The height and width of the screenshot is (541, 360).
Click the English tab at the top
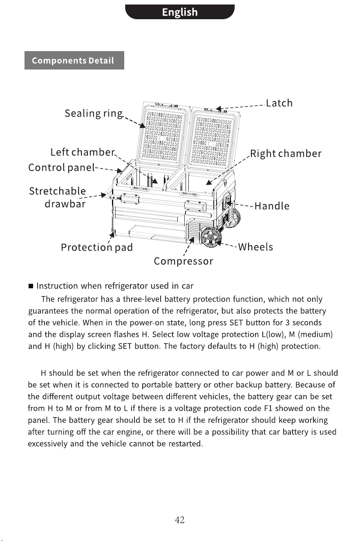[180, 12]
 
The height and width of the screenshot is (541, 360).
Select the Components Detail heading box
[74, 61]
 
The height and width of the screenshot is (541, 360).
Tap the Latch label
[280, 103]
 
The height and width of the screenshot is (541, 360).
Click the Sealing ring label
[94, 114]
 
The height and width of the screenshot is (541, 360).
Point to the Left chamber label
[83, 153]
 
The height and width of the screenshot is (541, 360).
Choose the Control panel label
[62, 168]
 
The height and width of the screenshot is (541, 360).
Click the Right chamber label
[286, 154]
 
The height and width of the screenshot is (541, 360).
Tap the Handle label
[272, 206]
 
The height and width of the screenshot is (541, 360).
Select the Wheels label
[256, 247]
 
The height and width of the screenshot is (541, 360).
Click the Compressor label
[183, 261]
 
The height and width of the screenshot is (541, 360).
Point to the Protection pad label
[97, 247]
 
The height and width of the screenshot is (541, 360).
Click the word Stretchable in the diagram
[58, 191]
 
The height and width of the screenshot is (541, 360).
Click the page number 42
[180, 520]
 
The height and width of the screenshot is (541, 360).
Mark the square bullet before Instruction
[31, 286]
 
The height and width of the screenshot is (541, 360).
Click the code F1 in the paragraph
[268, 409]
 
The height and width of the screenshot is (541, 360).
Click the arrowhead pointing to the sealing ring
[143, 126]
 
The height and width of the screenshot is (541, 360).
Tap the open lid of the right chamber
[214, 139]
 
